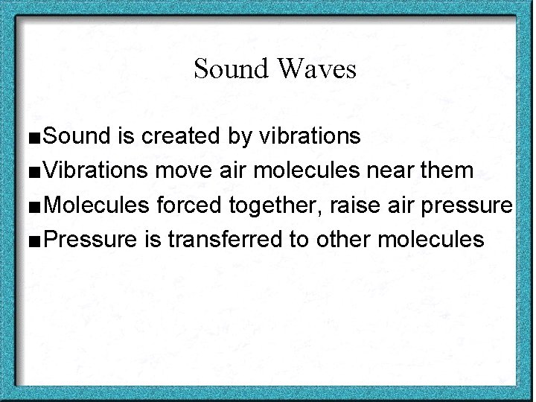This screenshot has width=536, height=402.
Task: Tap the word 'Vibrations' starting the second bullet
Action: (96, 171)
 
